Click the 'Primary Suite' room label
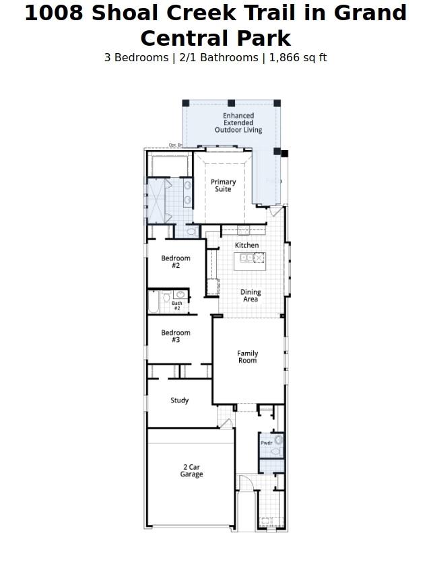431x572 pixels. tap(223, 186)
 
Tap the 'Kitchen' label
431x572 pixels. tap(246, 246)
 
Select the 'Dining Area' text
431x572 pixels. tap(251, 296)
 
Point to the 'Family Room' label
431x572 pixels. tap(247, 357)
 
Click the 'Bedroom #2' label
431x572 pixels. tap(176, 262)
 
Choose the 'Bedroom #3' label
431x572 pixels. tap(176, 336)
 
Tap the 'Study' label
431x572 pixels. tap(179, 400)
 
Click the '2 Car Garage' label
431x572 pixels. tap(191, 471)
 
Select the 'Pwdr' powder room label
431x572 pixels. tap(267, 443)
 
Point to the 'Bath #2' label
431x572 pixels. tap(177, 306)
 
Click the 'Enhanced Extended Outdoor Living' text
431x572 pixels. tap(238, 123)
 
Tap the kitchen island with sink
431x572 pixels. tap(249, 260)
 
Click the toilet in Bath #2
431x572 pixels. tap(166, 297)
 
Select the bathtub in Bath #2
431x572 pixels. tap(153, 302)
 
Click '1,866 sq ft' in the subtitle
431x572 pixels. tap(298, 58)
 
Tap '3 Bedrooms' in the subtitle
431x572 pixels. tap(136, 58)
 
